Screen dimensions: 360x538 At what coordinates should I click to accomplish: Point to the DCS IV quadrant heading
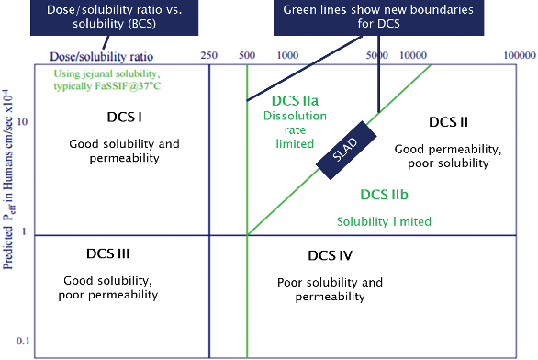coord(330,254)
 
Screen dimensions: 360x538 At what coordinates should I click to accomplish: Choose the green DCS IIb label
coord(384,194)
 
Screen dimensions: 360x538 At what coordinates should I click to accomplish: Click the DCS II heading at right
coord(449,121)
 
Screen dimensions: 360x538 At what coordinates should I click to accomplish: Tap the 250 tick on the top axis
coord(208,55)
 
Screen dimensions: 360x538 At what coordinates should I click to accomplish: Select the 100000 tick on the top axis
coord(518,55)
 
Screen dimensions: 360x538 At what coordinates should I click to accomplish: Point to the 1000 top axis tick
coord(288,55)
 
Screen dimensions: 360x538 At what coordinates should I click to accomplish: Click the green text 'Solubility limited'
coord(384,221)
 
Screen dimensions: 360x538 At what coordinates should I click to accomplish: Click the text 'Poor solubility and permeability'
coord(330,289)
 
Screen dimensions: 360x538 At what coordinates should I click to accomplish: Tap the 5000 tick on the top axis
coord(376,55)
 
